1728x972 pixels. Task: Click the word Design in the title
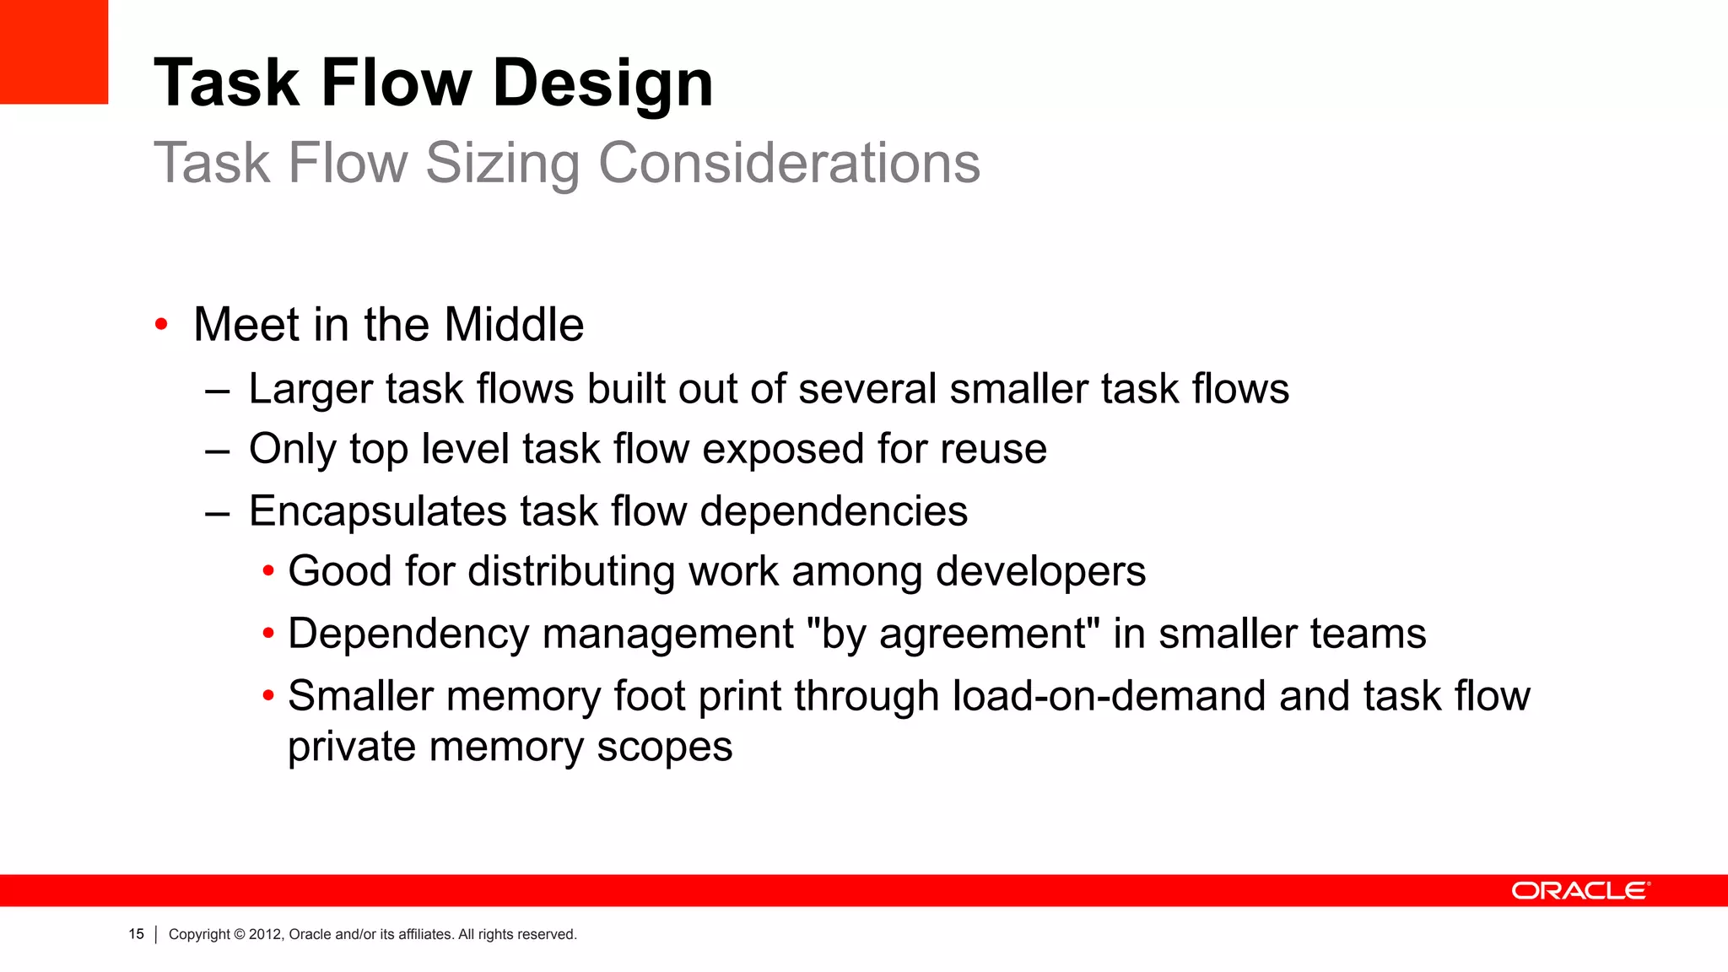pos(602,84)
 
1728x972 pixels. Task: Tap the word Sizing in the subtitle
pos(502,163)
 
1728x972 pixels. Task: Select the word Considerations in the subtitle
pos(789,163)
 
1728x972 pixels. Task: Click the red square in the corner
pos(53,51)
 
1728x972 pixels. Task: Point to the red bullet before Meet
pos(161,325)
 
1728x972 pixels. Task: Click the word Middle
pos(514,325)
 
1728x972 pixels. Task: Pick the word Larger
pos(310,390)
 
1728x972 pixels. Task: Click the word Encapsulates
pos(378,511)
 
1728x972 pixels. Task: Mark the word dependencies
pos(834,511)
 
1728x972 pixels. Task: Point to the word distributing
pos(571,571)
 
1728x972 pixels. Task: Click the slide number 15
pos(136,934)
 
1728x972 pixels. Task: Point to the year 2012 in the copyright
pos(265,935)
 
